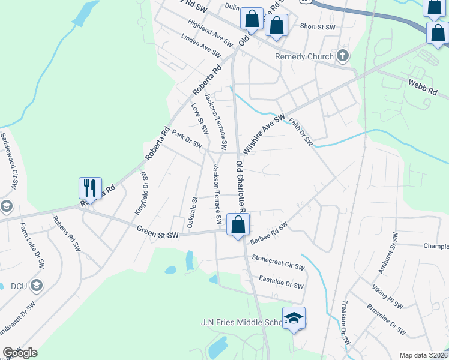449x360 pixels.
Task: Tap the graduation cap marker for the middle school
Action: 294,318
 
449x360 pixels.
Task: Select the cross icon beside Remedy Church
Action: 343,56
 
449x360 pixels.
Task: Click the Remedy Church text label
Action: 304,57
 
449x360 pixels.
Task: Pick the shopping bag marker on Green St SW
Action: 238,225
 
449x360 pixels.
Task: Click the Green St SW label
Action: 158,229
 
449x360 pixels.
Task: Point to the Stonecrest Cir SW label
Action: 279,262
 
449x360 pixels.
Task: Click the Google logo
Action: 20,352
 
